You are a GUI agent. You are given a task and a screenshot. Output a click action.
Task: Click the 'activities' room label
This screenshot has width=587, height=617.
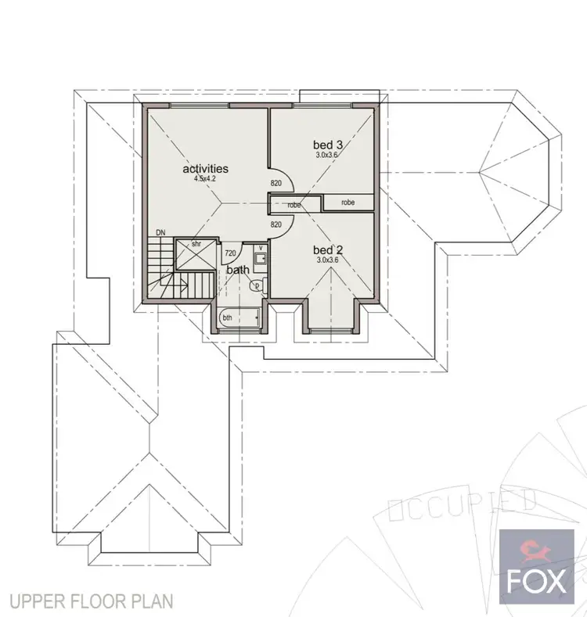(205, 168)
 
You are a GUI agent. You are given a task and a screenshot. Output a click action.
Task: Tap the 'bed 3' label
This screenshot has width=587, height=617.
(329, 145)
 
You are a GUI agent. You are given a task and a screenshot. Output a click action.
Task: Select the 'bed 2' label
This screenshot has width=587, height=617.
(329, 250)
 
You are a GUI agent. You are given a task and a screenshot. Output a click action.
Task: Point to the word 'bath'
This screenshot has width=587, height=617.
(238, 270)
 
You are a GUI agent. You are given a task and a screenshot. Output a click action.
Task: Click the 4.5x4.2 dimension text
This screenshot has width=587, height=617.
(205, 178)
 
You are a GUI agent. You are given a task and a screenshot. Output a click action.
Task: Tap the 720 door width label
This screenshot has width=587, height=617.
(230, 253)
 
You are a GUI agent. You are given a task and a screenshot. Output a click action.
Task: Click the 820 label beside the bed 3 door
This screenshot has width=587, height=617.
(275, 184)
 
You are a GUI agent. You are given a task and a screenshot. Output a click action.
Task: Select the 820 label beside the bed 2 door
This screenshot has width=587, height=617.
(275, 224)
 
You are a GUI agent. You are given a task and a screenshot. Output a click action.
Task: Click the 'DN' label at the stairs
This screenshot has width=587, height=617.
(160, 232)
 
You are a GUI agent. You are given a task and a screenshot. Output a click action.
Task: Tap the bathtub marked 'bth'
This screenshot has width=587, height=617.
(234, 318)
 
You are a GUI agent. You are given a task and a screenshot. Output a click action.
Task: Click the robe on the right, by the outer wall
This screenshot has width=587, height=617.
(348, 202)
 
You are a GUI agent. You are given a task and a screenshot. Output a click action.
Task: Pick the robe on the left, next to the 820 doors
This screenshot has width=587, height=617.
(294, 205)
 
